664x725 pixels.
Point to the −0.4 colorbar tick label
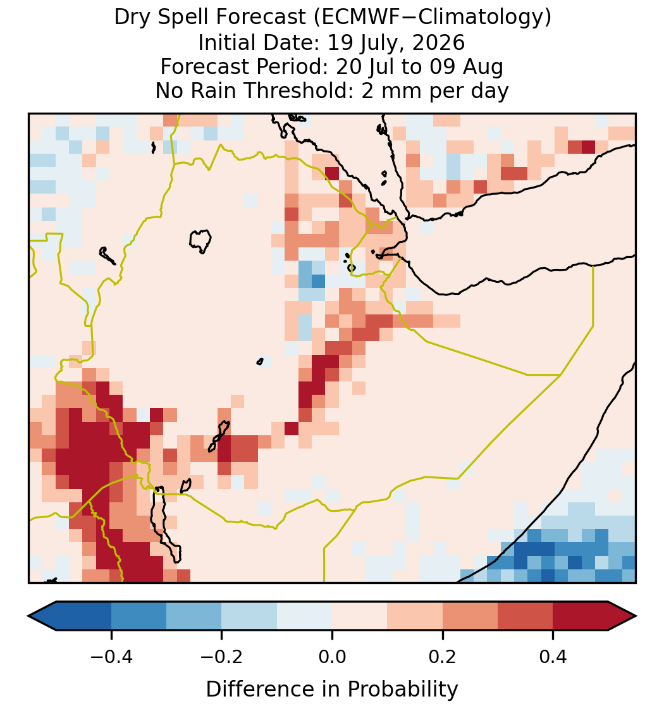point(111,657)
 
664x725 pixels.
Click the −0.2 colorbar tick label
point(222,657)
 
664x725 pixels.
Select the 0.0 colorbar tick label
point(332,657)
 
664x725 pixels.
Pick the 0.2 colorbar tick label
point(443,657)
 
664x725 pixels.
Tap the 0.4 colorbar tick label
point(553,657)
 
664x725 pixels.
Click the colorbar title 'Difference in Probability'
point(332,690)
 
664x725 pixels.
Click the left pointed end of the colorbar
point(29,616)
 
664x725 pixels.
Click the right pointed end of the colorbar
point(636,616)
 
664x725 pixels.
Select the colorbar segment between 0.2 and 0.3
point(470,616)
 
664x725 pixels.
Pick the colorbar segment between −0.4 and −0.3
point(138,616)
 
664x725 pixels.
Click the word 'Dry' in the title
point(130,18)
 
